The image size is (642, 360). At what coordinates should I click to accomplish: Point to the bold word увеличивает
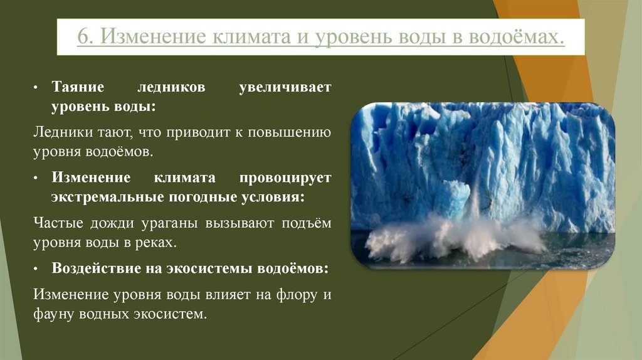285,88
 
